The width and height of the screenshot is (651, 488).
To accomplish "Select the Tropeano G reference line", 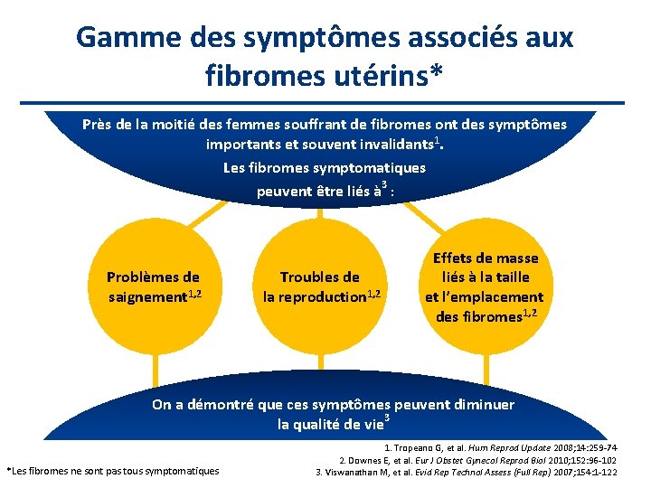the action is [501, 447].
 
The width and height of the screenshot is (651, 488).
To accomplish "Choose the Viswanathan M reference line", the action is [466, 471].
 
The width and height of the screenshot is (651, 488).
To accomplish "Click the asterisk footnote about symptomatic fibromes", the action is [113, 471].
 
